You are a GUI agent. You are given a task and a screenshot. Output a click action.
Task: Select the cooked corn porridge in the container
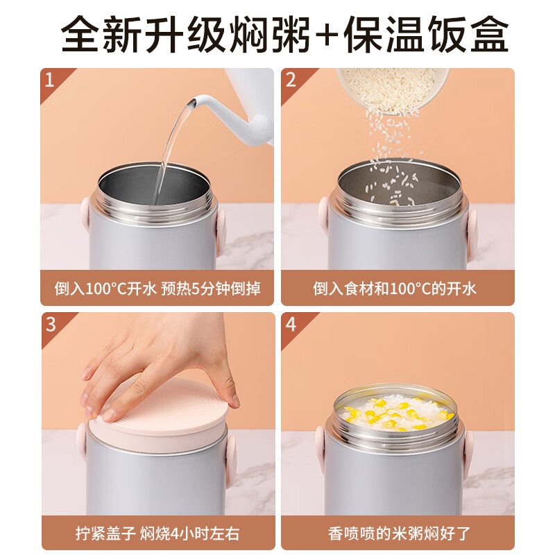coord(395,412)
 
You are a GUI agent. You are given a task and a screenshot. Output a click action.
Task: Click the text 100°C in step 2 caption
coord(410,289)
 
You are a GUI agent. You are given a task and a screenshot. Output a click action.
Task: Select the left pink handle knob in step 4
coord(321,450)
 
